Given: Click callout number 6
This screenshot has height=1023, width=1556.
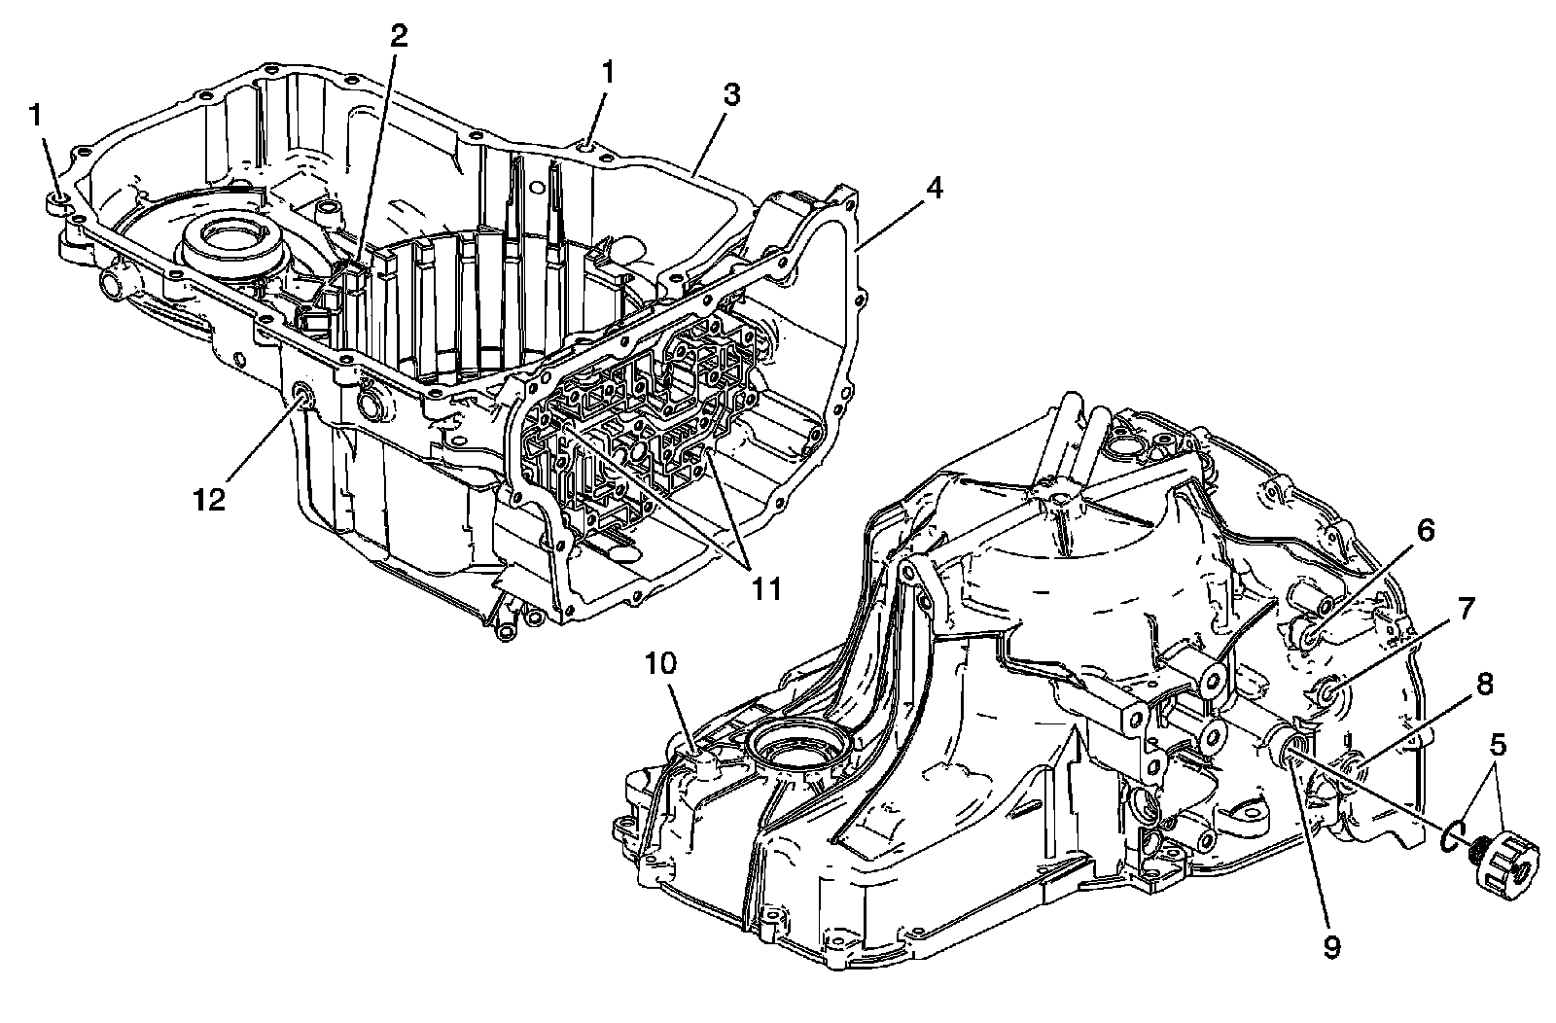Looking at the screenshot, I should [x=1424, y=532].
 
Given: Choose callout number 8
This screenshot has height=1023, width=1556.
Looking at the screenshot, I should [x=1483, y=685].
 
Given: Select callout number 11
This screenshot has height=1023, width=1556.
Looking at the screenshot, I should [x=768, y=588].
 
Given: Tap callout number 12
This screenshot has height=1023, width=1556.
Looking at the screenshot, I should [x=210, y=499].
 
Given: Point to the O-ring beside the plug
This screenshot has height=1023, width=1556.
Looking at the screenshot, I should [x=1451, y=834].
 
